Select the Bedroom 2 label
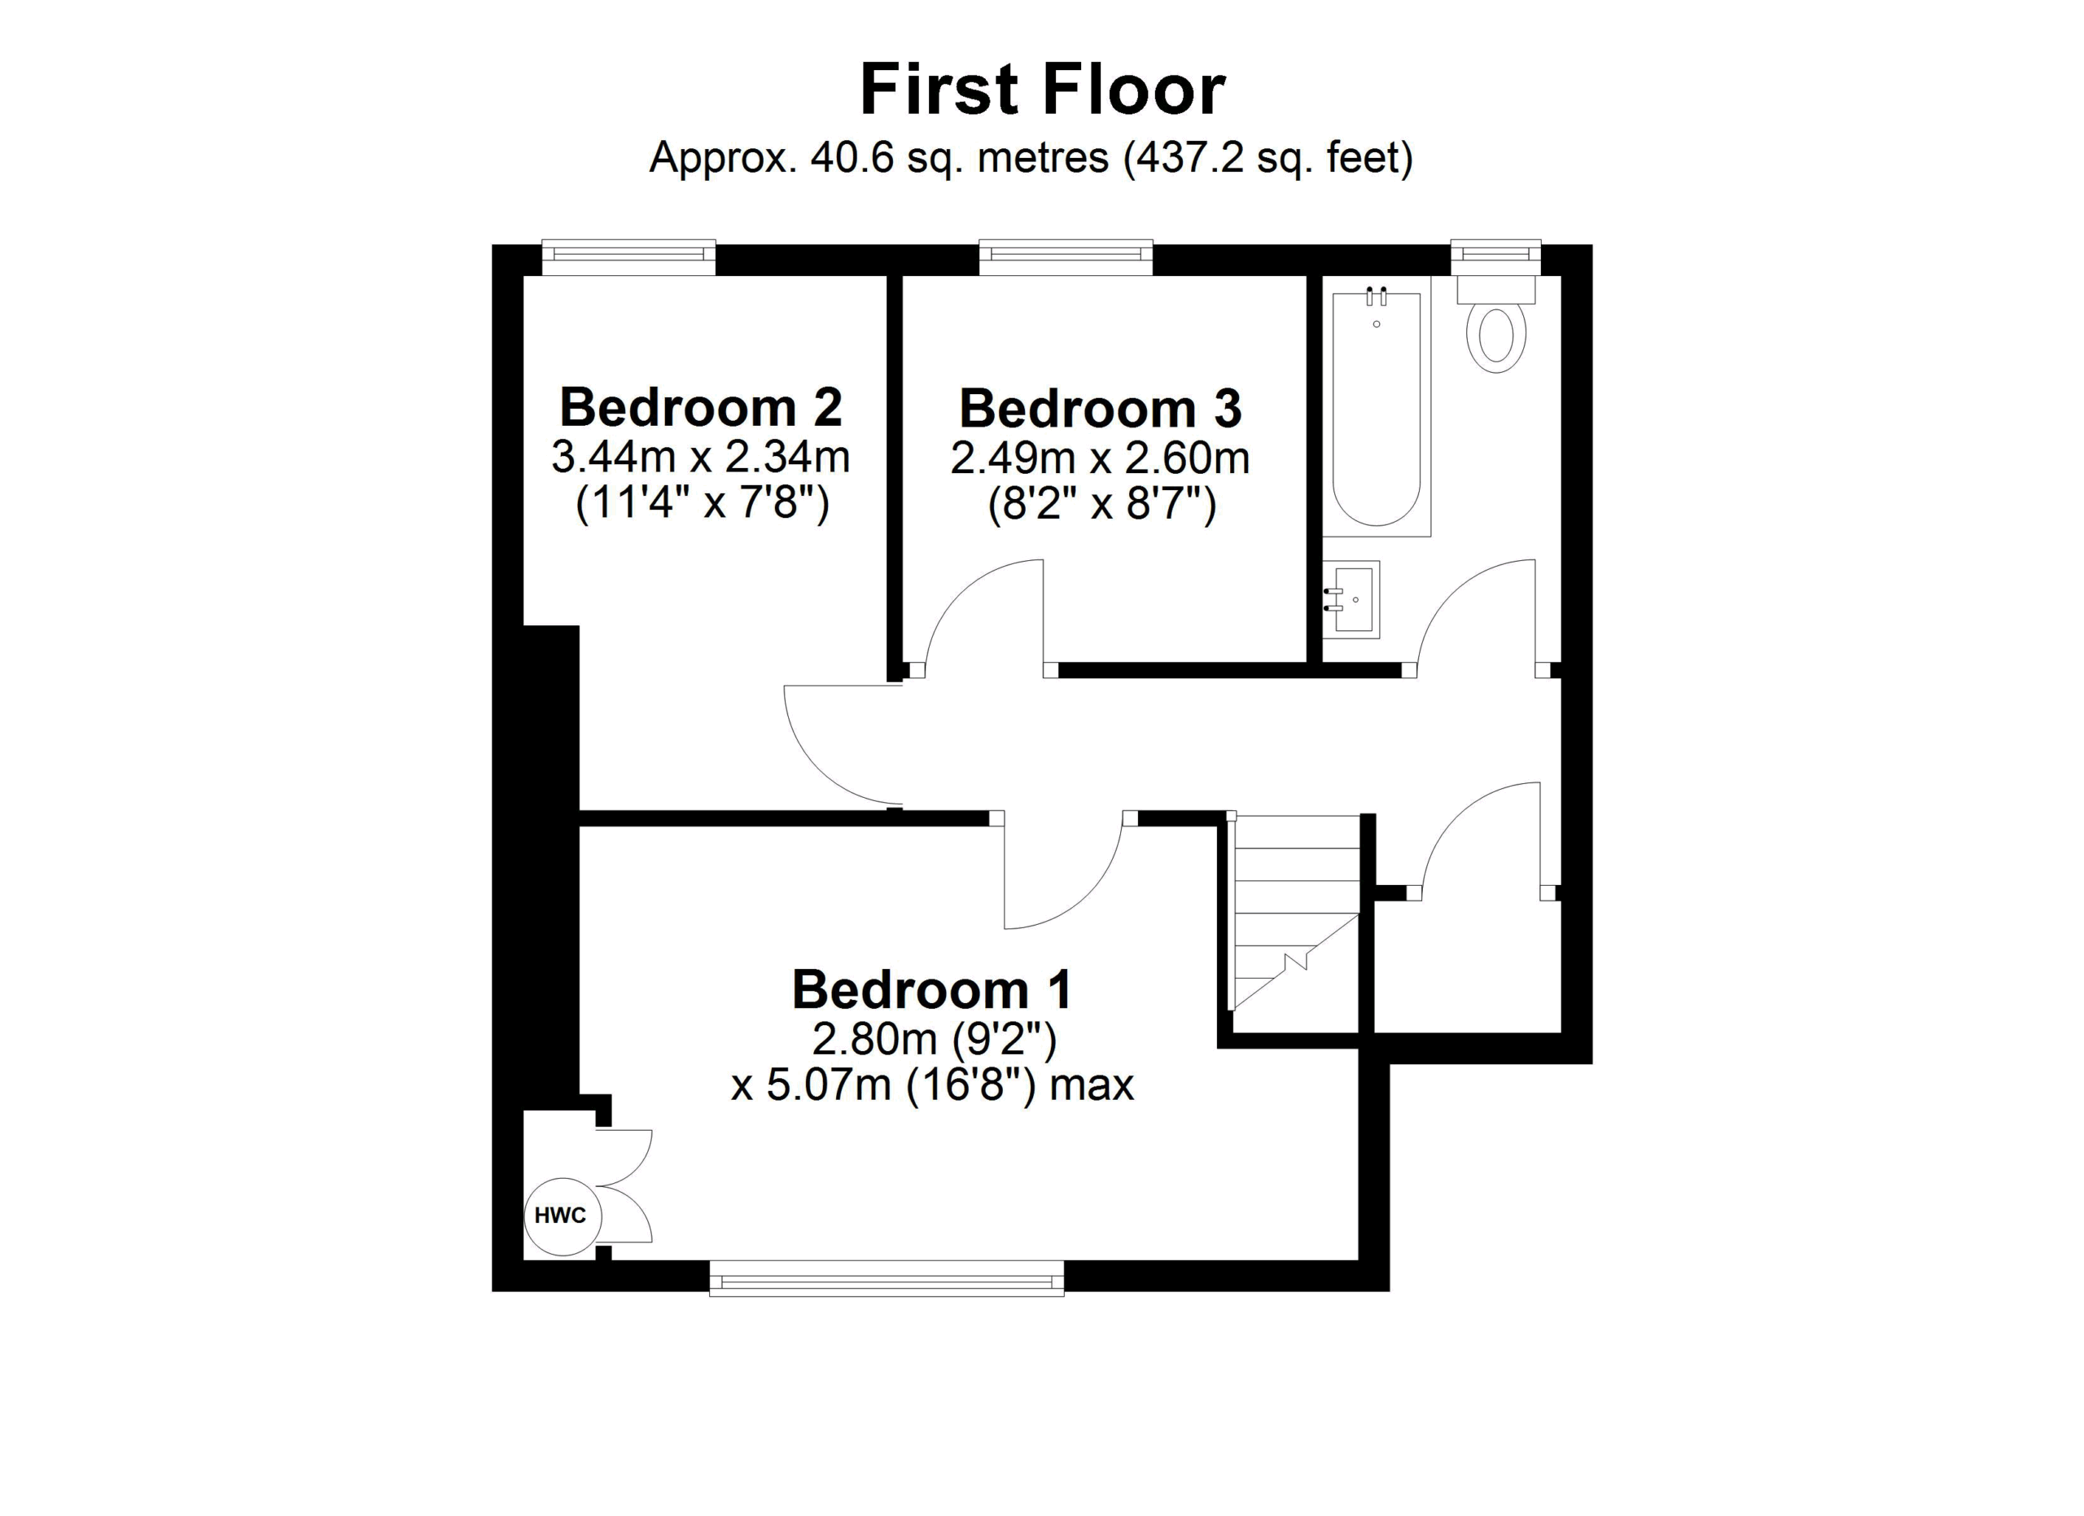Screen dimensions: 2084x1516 [x=701, y=407]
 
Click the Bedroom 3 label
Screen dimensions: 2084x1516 [x=1100, y=408]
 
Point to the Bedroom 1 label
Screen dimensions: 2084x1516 [x=933, y=989]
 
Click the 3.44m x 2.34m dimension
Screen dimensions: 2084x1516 [x=701, y=457]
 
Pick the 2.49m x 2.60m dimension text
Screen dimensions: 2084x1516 [x=1100, y=458]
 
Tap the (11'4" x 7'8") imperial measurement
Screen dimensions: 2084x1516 [x=702, y=502]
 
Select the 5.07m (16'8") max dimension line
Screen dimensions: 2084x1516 [x=933, y=1085]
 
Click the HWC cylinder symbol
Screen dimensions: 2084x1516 [x=563, y=1216]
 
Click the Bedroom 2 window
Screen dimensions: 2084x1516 [x=628, y=256]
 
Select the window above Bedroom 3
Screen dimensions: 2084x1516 [x=1066, y=256]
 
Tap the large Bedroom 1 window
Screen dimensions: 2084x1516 [x=887, y=1278]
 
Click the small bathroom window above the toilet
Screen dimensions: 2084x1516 [x=1496, y=256]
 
